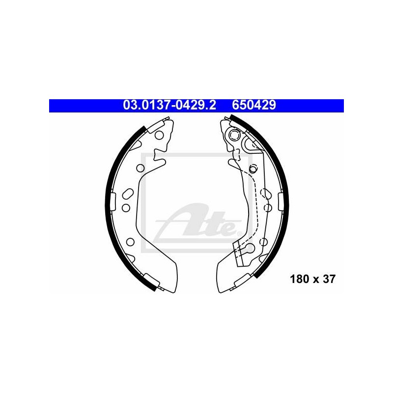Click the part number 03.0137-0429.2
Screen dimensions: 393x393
point(169,105)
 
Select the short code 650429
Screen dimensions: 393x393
point(253,105)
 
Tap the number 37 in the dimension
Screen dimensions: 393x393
point(329,279)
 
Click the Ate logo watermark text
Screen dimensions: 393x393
point(198,221)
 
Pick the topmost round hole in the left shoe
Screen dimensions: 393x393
point(159,135)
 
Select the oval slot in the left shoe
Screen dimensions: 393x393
point(128,194)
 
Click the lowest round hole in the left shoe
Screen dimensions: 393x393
point(130,242)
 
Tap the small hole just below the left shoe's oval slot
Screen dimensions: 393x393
point(126,208)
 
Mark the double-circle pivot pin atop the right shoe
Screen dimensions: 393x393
point(235,136)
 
